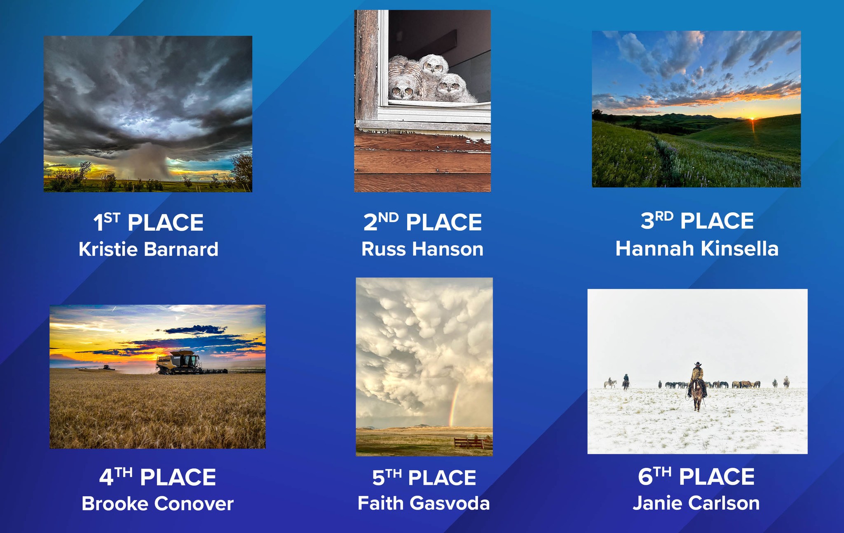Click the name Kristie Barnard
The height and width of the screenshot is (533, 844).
pos(148,249)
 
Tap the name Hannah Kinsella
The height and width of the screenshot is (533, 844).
pos(697,248)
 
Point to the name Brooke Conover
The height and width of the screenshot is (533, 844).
pos(157,503)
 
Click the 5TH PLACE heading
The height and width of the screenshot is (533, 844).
pos(424,477)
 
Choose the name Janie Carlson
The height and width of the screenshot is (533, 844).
pos(696,503)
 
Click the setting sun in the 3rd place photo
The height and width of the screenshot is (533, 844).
pos(752,119)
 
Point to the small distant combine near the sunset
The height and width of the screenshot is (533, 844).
pos(106,367)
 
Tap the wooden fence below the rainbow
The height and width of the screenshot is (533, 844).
pos(473,443)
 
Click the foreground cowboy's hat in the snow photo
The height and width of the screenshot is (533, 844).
pos(697,364)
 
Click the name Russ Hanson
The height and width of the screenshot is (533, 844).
pos(422,249)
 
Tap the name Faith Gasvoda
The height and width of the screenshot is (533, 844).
pos(424,503)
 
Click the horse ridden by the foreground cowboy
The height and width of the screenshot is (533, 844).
pos(697,394)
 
